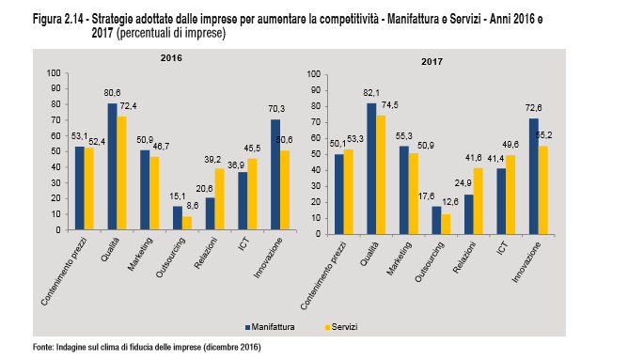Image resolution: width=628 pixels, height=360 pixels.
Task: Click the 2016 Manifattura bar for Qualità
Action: click(x=112, y=166)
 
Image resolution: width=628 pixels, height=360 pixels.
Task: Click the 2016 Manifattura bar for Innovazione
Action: click(x=275, y=174)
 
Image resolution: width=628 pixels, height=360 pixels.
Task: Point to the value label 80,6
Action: click(x=113, y=92)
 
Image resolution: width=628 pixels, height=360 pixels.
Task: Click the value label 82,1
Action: click(x=371, y=93)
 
